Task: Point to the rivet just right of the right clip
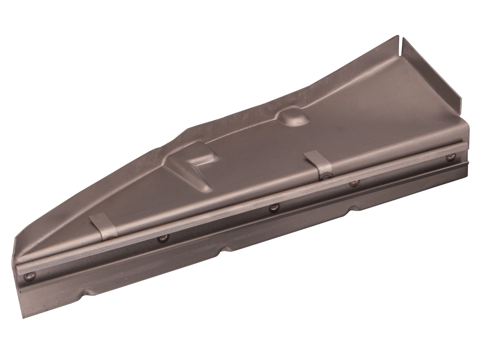pyautogui.click(x=354, y=182)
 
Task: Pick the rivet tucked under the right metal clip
pyautogui.click(x=325, y=176)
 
